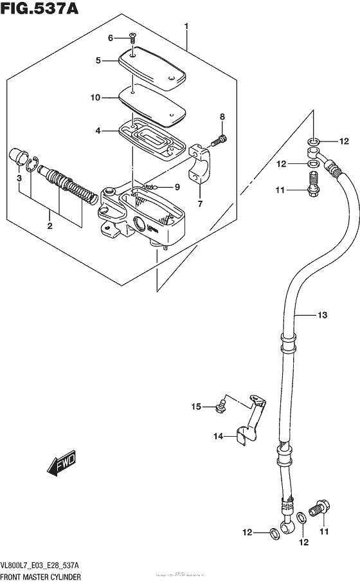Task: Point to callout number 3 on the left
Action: (20, 178)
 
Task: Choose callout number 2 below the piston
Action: (49, 226)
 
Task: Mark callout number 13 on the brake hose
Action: (322, 315)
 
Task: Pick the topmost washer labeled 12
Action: (312, 141)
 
